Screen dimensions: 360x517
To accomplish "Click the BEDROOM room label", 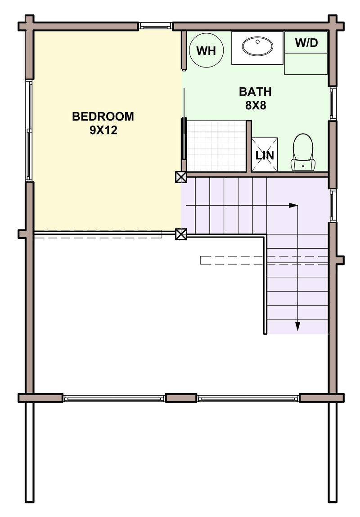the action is (103, 117).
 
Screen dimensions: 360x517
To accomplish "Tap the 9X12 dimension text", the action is (103, 130).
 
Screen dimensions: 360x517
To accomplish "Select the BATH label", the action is (255, 91).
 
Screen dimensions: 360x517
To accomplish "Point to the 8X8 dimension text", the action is (256, 105).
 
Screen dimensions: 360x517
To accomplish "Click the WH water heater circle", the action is (207, 50).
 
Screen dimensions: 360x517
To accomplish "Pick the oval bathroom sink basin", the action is (257, 46).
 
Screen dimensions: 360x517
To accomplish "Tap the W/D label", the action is (306, 43).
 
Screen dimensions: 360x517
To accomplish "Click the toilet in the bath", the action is (303, 152).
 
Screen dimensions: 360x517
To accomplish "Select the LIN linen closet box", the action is (265, 155).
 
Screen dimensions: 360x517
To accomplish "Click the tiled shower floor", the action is (216, 146).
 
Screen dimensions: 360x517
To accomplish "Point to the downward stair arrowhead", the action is (298, 326).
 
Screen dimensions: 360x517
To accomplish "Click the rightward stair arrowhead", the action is (293, 206).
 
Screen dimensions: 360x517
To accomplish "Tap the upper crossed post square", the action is (181, 177).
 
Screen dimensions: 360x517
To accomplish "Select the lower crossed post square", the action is (181, 234).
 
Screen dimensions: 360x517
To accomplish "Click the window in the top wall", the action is (155, 26).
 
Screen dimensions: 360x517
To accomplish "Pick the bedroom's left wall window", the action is (29, 130).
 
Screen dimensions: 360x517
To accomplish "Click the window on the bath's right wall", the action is (333, 103).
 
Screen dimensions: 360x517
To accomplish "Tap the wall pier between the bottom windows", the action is (181, 398).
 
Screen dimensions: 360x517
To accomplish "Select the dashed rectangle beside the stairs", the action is (264, 261).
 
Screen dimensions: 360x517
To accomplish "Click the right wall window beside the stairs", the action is (333, 206).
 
